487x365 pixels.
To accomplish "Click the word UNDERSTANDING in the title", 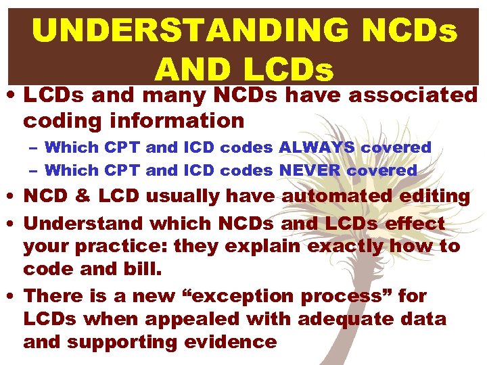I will (x=190, y=30).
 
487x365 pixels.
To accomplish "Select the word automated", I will (x=336, y=197).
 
